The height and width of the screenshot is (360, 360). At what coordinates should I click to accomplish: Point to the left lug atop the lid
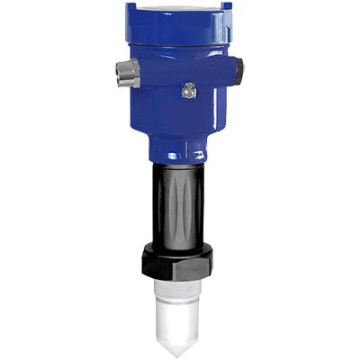coord(132,6)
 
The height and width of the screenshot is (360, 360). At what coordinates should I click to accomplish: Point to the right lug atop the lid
coord(226,6)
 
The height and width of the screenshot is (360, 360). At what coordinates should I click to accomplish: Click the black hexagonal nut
coord(181,262)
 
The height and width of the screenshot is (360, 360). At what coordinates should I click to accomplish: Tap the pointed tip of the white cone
coord(181,349)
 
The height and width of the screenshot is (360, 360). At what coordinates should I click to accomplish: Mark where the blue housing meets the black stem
coord(180,162)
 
